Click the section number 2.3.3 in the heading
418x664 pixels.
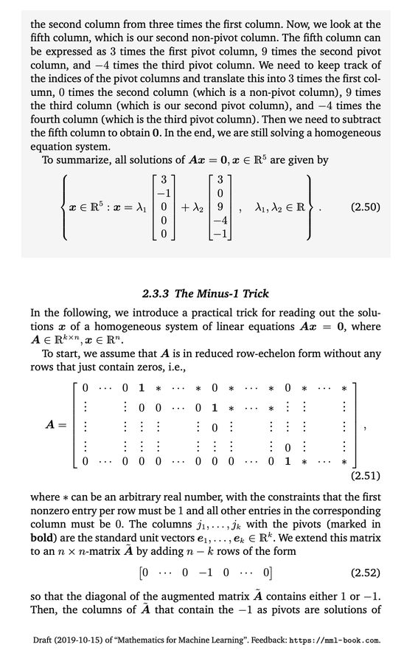click(x=159, y=292)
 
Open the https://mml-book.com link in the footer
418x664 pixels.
click(x=338, y=639)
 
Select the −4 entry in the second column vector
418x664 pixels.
click(x=220, y=221)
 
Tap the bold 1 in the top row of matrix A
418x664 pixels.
click(x=140, y=388)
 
